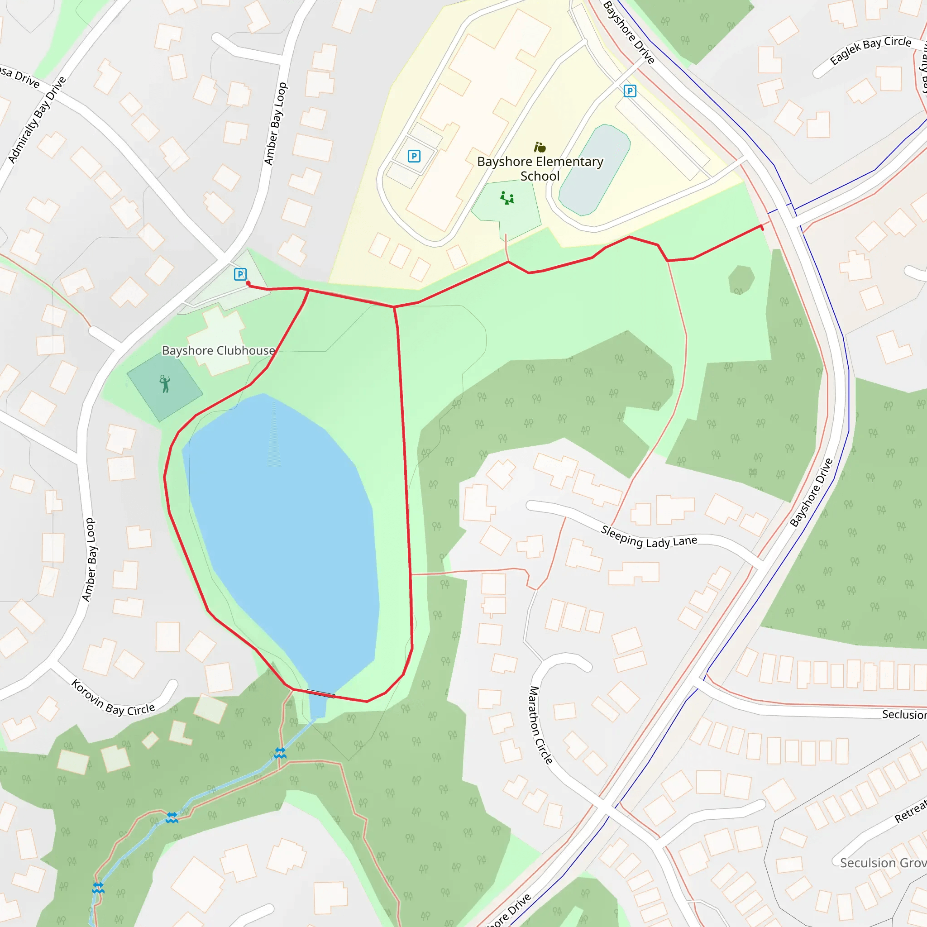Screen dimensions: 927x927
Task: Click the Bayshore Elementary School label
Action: [x=540, y=169]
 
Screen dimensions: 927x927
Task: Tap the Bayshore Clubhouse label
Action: [x=218, y=351]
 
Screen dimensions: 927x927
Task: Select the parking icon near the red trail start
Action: [x=240, y=274]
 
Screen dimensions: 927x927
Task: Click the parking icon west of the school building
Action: [x=414, y=156]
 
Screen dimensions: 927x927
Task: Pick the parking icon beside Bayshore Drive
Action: [x=630, y=91]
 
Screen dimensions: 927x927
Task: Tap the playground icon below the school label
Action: [x=507, y=198]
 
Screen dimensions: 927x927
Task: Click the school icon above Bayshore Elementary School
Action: [x=540, y=147]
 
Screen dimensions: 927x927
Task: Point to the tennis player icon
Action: [x=165, y=384]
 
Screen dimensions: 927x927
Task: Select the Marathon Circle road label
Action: [x=541, y=725]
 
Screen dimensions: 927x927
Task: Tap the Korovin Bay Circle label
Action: [x=113, y=698]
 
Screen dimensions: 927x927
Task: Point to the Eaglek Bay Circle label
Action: [x=870, y=50]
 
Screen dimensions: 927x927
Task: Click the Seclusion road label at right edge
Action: [x=904, y=714]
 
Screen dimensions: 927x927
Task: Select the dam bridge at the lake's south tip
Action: [x=320, y=693]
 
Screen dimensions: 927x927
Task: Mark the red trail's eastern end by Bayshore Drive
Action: [x=761, y=226]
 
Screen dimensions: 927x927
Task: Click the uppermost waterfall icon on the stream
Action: [x=280, y=752]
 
